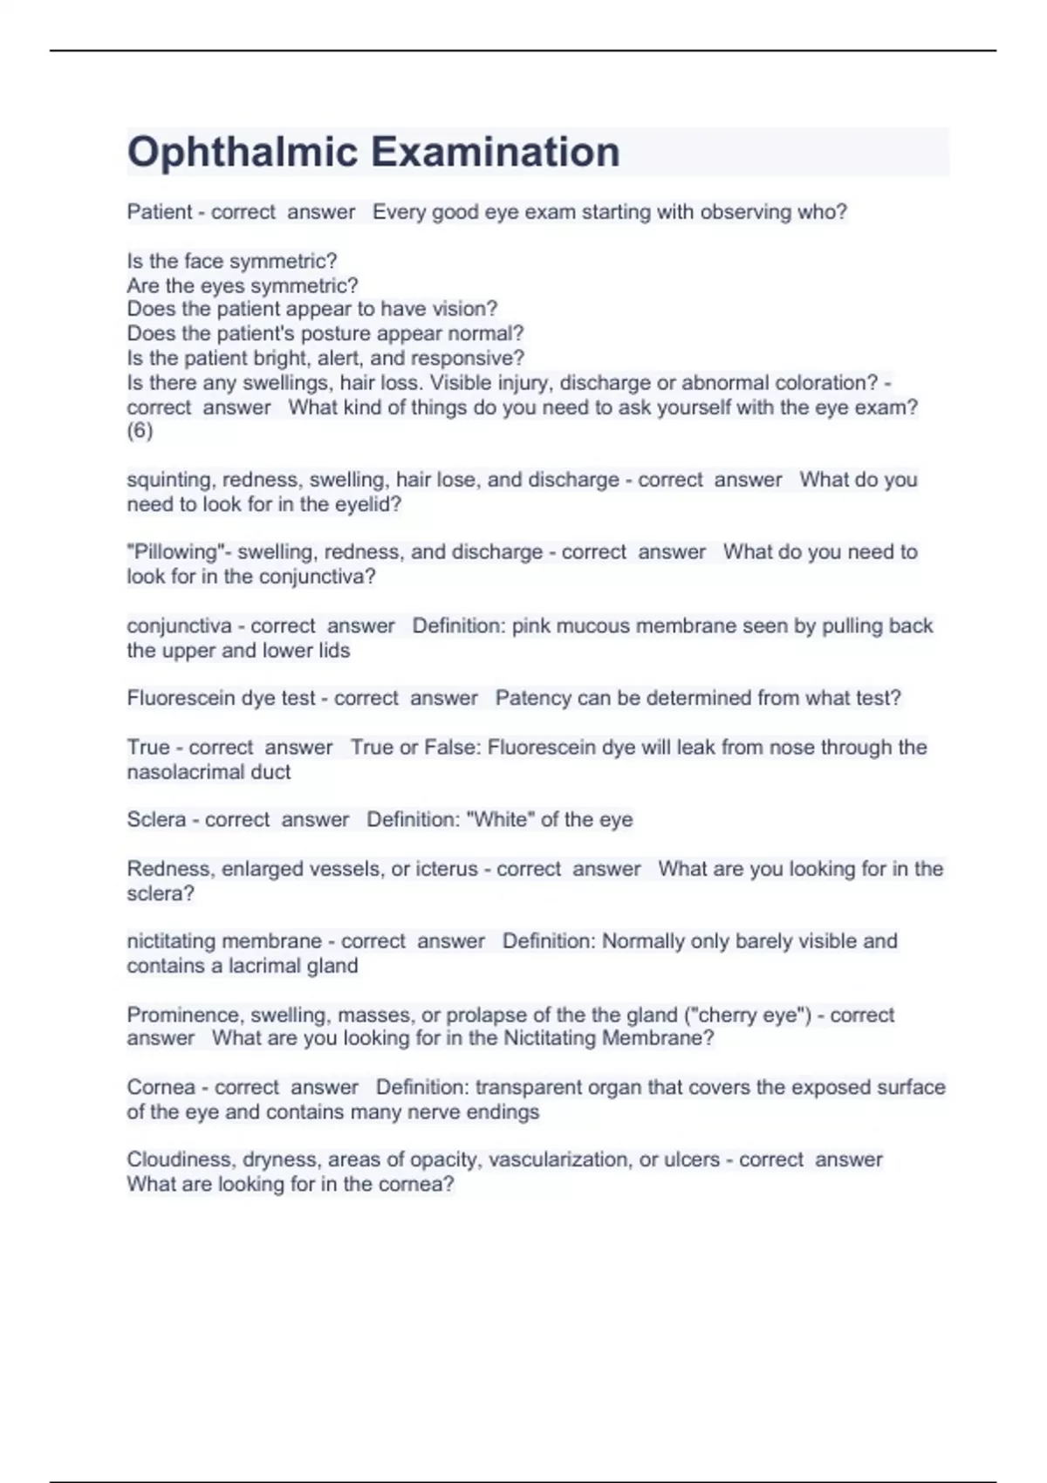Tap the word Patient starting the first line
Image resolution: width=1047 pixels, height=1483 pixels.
click(160, 212)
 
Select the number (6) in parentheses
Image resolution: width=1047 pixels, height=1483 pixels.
click(140, 431)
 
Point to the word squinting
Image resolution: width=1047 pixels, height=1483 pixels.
click(171, 480)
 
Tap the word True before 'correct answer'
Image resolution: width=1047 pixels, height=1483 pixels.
click(148, 748)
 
